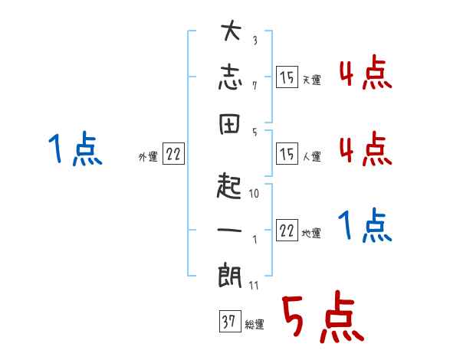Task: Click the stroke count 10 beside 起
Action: click(x=254, y=195)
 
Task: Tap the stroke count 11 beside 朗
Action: click(x=254, y=285)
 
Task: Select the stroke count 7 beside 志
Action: click(x=254, y=86)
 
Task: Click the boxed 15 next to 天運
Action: click(x=287, y=77)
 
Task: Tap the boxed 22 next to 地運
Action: click(x=287, y=231)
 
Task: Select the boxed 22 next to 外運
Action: click(x=173, y=154)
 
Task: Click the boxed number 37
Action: click(x=228, y=321)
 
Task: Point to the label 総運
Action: click(x=254, y=325)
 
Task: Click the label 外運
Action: click(x=148, y=157)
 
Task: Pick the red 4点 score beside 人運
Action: click(x=365, y=148)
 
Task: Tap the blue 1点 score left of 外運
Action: click(x=74, y=149)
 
